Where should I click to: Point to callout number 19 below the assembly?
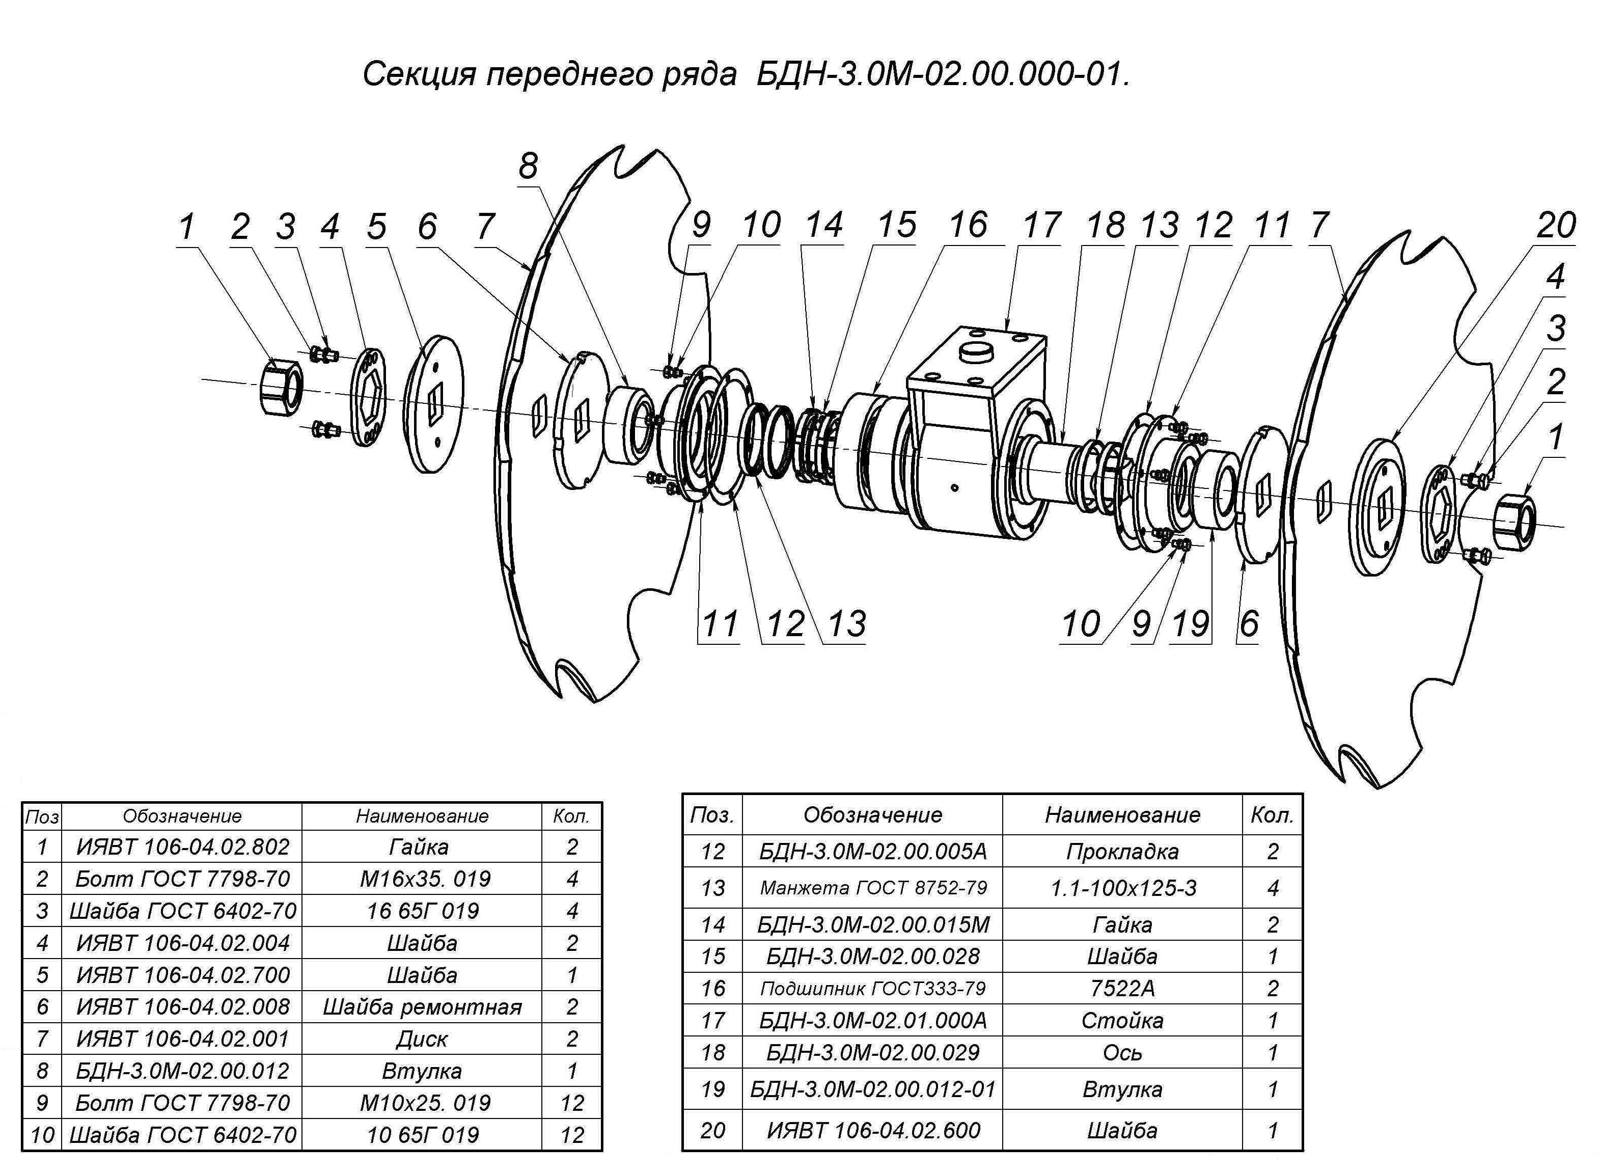pos(1191,624)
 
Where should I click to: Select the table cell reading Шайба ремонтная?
pos(422,1007)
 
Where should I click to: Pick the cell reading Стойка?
pos(1123,1021)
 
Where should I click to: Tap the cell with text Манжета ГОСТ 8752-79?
pos(873,888)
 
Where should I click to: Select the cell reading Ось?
pos(1123,1052)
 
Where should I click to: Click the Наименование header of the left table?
pos(422,816)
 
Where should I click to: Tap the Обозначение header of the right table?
pos(873,814)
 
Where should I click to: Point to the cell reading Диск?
pos(422,1039)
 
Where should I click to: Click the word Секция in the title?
pos(419,74)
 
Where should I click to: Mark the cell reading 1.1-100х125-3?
pos(1123,888)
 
